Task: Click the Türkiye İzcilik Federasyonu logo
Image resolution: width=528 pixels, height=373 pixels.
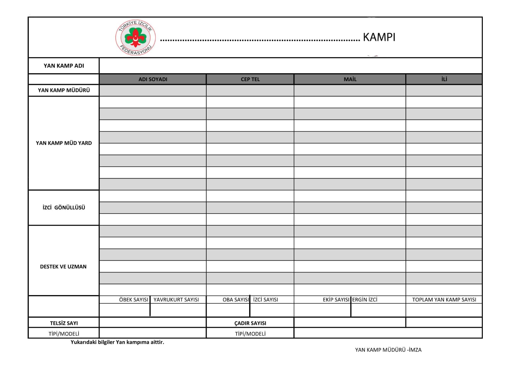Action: [x=135, y=37]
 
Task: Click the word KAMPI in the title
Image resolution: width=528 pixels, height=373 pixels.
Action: [x=379, y=37]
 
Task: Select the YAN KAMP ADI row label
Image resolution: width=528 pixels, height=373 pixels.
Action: [x=64, y=66]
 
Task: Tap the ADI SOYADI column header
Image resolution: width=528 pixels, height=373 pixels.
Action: [x=153, y=79]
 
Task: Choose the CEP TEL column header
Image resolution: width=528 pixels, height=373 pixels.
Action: [x=250, y=79]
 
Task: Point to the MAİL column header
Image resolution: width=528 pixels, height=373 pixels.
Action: [x=350, y=79]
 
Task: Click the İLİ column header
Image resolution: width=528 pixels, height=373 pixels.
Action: [x=444, y=79]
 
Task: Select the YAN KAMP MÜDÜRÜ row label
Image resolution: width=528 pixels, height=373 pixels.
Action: [x=64, y=90]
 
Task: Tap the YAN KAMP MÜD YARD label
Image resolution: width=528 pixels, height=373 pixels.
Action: [x=64, y=143]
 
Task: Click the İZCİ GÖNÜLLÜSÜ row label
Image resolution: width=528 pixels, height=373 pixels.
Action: [x=64, y=207]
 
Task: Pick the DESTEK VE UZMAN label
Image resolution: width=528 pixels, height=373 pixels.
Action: [x=63, y=266]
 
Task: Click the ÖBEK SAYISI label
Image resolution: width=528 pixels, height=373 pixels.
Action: [x=133, y=300]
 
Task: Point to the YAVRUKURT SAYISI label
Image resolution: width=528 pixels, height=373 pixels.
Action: [x=176, y=300]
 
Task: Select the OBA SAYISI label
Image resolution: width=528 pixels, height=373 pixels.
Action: [x=236, y=300]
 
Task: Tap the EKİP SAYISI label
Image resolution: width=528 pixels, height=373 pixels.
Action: [x=336, y=300]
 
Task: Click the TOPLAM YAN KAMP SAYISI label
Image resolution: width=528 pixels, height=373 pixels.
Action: [x=444, y=300]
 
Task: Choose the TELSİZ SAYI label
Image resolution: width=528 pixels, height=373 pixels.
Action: [x=64, y=323]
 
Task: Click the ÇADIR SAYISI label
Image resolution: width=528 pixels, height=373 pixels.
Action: [x=250, y=323]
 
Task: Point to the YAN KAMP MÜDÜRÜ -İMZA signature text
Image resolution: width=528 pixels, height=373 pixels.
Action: [x=388, y=350]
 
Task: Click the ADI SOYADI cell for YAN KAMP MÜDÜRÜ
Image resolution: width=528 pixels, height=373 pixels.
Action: [x=153, y=90]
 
